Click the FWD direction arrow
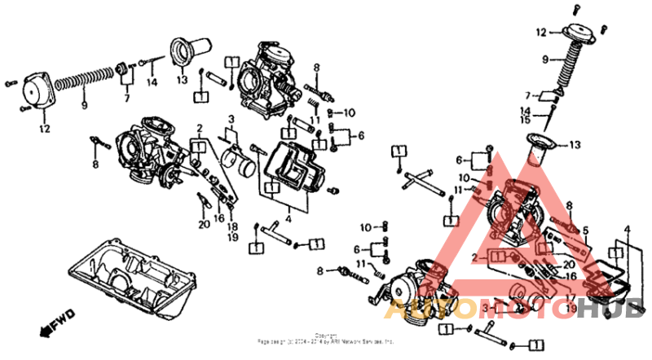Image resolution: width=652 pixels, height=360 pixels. [x=58, y=323]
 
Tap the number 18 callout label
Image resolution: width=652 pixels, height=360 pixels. [x=232, y=226]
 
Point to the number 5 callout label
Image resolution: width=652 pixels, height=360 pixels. [x=583, y=230]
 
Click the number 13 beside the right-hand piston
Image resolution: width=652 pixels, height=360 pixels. [x=575, y=145]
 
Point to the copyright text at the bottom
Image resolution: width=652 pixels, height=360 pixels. [x=326, y=338]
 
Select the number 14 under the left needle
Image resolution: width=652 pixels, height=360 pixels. [x=151, y=82]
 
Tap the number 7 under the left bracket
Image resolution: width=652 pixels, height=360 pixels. [x=126, y=99]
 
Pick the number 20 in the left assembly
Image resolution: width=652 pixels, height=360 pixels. [x=203, y=226]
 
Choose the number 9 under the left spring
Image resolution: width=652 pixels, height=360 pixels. [x=84, y=105]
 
